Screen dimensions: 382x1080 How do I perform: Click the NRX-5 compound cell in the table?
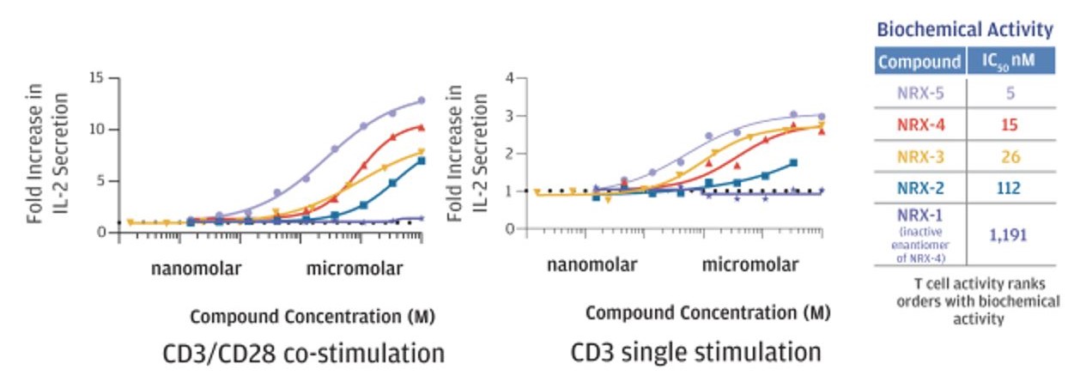919,91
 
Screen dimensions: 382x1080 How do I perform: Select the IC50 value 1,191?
1010,233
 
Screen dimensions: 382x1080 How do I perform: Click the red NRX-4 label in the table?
919,125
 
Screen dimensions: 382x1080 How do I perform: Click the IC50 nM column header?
1010,62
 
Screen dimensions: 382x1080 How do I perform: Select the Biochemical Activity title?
964,30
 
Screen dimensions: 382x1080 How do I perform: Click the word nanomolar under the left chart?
197,269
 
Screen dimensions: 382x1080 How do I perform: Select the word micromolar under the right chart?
749,265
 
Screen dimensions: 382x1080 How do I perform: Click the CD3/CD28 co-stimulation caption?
304,353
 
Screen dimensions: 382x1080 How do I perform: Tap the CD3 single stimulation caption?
695,352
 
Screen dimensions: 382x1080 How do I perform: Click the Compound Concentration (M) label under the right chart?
708,312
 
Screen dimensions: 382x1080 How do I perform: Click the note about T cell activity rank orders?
979,302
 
